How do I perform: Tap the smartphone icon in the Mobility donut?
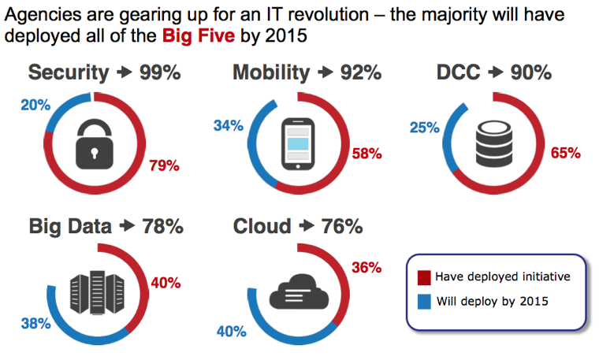click(298, 143)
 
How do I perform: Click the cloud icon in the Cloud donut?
click(297, 293)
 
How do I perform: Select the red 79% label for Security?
click(165, 165)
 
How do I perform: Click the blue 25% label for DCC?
click(424, 126)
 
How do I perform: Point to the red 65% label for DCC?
click(565, 153)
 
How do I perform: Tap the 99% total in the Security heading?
click(160, 73)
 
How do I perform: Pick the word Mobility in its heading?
click(271, 73)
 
